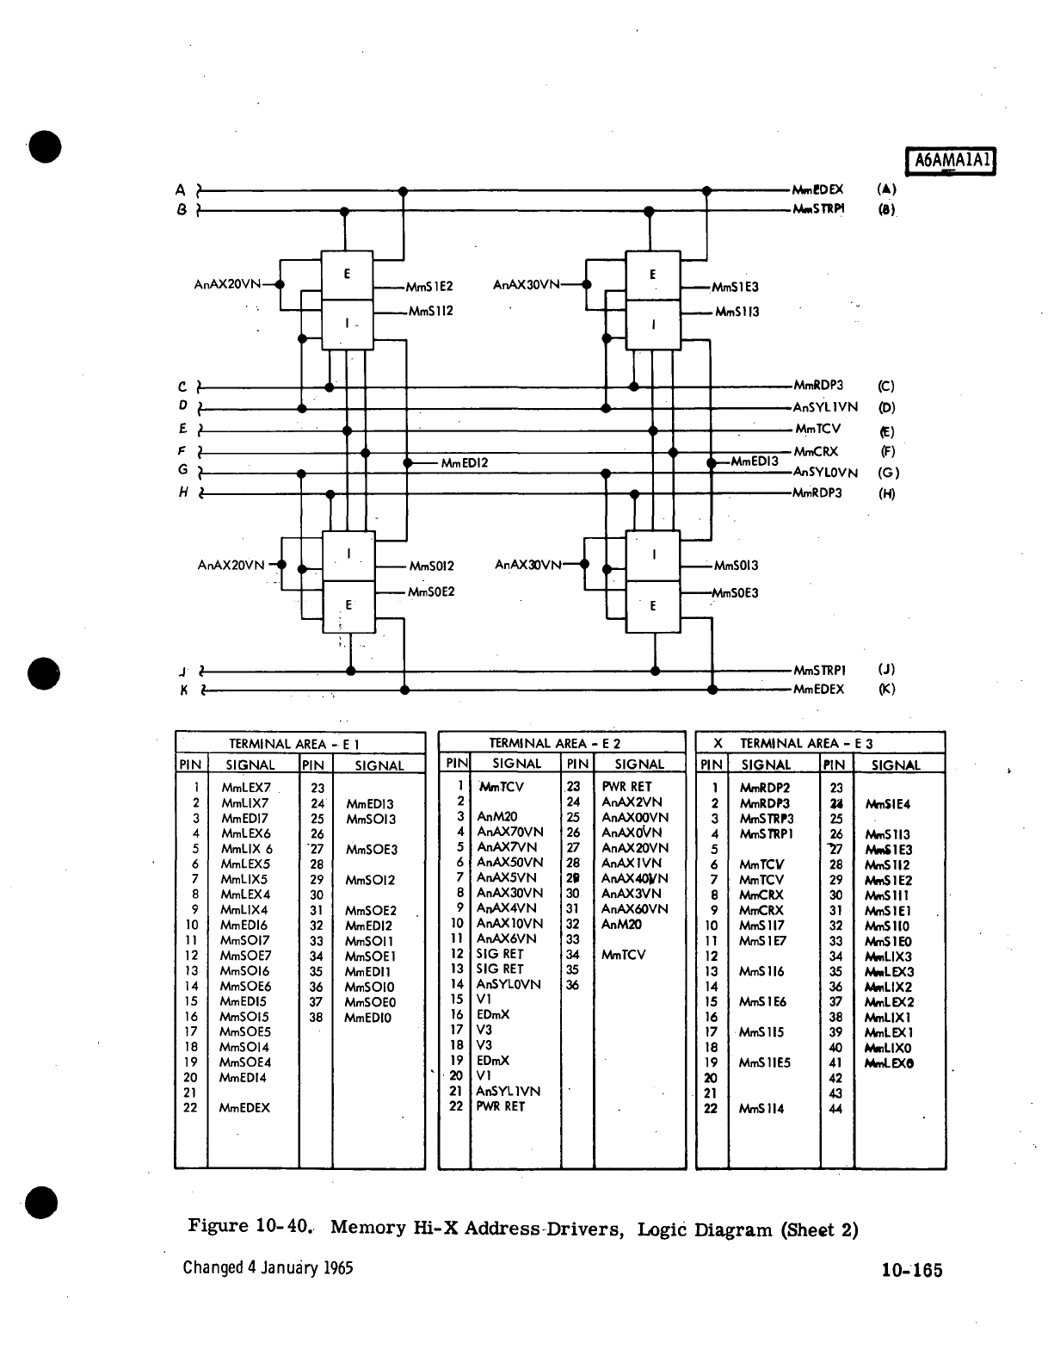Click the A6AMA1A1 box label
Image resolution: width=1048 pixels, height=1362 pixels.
(x=952, y=160)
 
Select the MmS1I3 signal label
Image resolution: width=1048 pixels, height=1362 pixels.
(x=737, y=312)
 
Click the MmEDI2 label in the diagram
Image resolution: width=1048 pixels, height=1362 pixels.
(x=464, y=463)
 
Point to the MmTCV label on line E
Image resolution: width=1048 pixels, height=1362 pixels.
(x=817, y=429)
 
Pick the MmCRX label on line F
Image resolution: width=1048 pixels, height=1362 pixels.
(x=815, y=451)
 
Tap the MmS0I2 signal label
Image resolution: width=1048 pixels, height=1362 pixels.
(x=431, y=566)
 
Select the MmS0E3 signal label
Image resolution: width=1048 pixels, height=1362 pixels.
(x=735, y=592)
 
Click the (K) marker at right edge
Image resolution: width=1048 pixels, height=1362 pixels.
(x=886, y=689)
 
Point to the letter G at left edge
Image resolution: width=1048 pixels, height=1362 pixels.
(x=182, y=470)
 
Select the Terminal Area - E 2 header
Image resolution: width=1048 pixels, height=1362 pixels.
(x=555, y=743)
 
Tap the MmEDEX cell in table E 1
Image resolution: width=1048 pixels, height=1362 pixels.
(x=244, y=1108)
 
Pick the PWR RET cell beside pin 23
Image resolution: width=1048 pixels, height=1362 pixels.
(x=626, y=786)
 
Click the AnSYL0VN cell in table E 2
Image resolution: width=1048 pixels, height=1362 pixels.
(x=509, y=984)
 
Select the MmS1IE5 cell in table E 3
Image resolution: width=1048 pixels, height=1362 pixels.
(x=764, y=1062)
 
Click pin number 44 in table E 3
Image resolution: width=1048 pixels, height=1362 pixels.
(x=835, y=1109)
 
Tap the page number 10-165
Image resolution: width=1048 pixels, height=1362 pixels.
(x=911, y=1270)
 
